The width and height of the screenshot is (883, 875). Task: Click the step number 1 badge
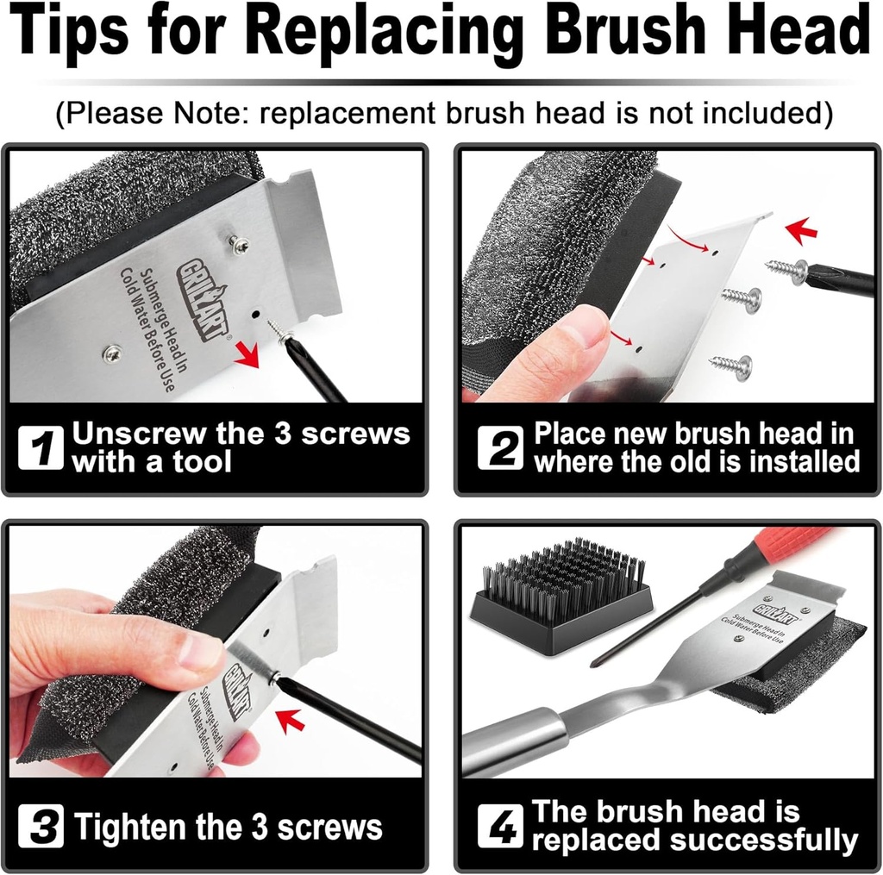41,449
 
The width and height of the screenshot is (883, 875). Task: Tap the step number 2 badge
500,449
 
